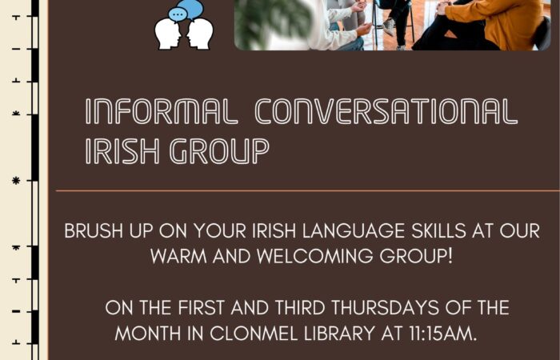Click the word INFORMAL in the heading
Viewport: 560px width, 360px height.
click(162, 111)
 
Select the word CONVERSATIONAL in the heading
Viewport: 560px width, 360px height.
click(386, 111)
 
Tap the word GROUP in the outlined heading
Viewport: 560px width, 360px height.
click(219, 151)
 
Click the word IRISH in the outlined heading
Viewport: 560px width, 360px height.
click(122, 151)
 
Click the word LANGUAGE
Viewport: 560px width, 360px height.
click(354, 230)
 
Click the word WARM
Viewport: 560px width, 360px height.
click(178, 256)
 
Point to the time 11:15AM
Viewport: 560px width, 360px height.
click(443, 334)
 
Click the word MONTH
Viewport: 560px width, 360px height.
click(148, 334)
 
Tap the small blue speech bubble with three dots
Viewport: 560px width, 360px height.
click(178, 14)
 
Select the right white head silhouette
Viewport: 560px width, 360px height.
click(200, 34)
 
